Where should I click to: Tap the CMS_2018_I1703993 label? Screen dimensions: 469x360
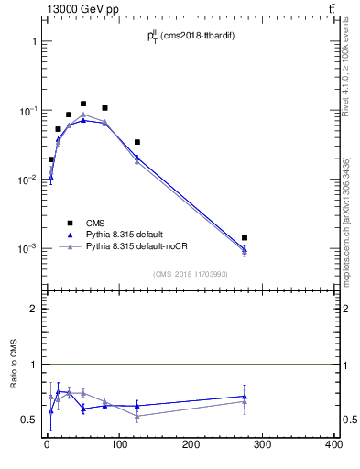(x=189, y=274)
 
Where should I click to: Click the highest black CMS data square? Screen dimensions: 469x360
(x=83, y=104)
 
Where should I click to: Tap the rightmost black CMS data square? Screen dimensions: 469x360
(x=245, y=238)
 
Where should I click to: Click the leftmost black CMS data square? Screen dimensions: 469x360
(x=51, y=159)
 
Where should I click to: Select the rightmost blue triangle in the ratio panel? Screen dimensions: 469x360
(x=245, y=396)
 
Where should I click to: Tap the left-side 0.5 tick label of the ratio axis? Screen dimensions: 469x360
(x=29, y=420)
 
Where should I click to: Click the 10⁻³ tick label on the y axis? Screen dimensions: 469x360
(x=27, y=249)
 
